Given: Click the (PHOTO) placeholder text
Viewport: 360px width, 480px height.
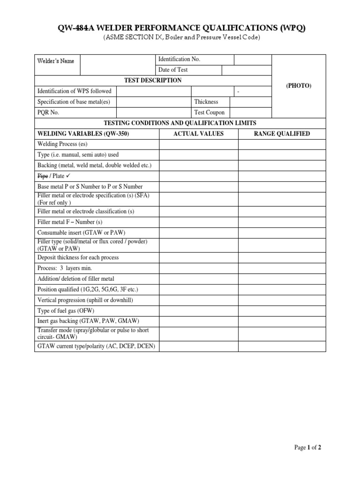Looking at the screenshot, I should [299, 86].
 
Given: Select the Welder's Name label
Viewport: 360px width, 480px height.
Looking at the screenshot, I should [55, 61].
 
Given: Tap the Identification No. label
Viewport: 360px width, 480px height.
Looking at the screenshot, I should [179, 59].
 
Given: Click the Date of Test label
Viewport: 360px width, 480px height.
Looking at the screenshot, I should [173, 70].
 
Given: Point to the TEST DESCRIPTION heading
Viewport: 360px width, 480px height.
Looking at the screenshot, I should [153, 80].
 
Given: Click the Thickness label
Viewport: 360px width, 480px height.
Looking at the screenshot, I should [206, 102].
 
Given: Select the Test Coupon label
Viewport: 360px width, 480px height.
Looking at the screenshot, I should [209, 112].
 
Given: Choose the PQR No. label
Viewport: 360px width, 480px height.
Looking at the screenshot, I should [48, 112].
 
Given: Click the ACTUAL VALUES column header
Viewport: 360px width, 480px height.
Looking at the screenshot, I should [198, 134].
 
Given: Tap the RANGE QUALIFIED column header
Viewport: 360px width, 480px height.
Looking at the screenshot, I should [282, 134].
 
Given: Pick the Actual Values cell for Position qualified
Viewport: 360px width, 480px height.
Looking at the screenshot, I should [198, 289].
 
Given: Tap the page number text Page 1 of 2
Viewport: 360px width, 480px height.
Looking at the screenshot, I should [307, 448].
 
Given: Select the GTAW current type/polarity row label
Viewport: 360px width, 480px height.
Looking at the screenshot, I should [96, 346].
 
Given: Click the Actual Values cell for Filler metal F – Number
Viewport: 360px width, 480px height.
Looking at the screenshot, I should [198, 222].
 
